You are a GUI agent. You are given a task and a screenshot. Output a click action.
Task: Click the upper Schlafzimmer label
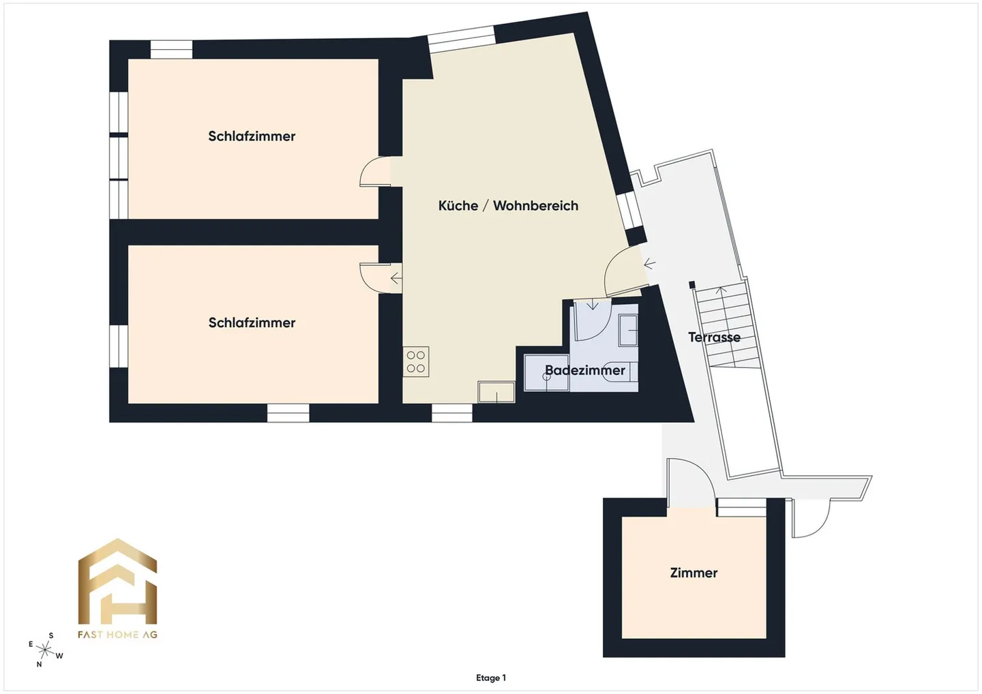tap(252, 136)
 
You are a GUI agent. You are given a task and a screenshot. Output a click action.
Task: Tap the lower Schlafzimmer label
tap(252, 323)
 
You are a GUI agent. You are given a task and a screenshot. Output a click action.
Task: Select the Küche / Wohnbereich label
tap(508, 206)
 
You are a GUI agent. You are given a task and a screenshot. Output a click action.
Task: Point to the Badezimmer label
tap(584, 370)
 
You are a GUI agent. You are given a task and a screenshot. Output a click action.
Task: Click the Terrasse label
tap(714, 337)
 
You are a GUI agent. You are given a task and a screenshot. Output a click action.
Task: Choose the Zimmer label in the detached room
tap(694, 573)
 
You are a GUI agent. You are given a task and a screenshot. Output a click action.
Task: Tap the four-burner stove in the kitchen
tap(416, 361)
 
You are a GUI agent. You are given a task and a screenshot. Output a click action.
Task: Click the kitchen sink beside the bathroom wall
tap(496, 392)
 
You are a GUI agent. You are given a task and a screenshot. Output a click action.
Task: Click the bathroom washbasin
tap(628, 329)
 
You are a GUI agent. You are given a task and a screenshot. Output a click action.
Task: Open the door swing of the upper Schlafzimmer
tap(371, 171)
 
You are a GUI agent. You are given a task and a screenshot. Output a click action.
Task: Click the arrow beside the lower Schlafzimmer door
tap(396, 278)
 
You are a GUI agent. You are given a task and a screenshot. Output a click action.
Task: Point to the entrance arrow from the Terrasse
tap(649, 264)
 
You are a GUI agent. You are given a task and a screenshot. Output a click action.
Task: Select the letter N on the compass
tap(39, 665)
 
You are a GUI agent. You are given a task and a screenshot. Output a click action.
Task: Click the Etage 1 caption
tap(491, 678)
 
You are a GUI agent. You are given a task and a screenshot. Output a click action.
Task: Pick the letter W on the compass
tap(59, 656)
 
